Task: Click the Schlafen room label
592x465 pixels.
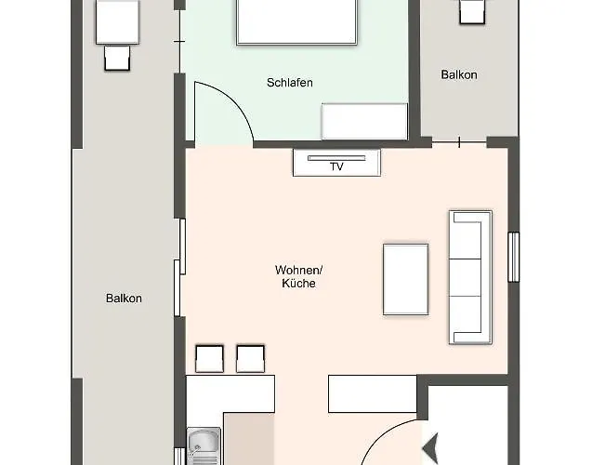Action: point(289,83)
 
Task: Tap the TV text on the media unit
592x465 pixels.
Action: point(335,166)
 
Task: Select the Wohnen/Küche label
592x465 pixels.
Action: point(297,276)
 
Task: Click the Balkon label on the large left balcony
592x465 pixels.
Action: point(124,299)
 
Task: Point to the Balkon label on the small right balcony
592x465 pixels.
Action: point(458,74)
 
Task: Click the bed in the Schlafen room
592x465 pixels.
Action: point(296,21)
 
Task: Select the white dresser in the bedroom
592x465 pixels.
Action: point(364,121)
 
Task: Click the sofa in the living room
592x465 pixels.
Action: point(470,275)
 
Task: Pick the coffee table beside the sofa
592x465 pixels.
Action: point(406,279)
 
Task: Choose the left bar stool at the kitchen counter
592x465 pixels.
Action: point(209,359)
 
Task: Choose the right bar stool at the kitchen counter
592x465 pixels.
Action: point(250,359)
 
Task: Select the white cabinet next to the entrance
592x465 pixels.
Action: point(371,393)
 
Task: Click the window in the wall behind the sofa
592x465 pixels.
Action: point(513,256)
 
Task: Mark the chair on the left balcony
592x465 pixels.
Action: point(118,59)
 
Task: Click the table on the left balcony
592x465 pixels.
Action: point(118,21)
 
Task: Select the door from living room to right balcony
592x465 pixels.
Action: point(459,142)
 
